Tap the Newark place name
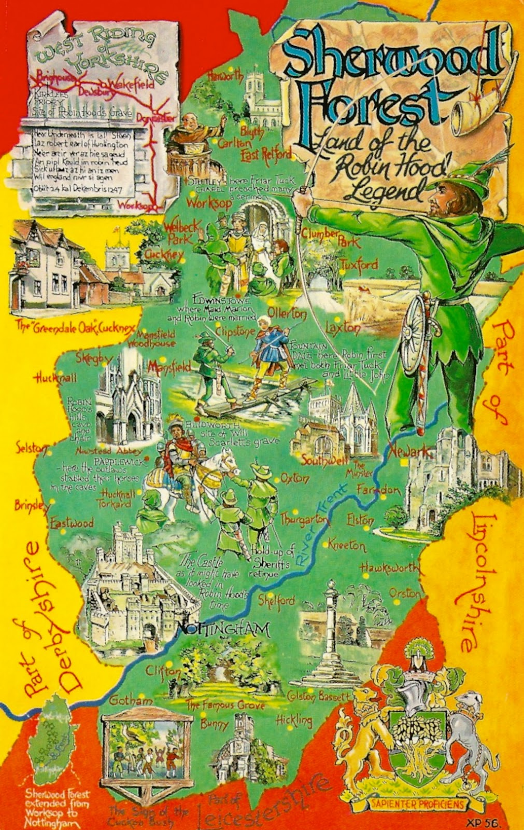click(411, 451)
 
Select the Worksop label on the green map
click(209, 203)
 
